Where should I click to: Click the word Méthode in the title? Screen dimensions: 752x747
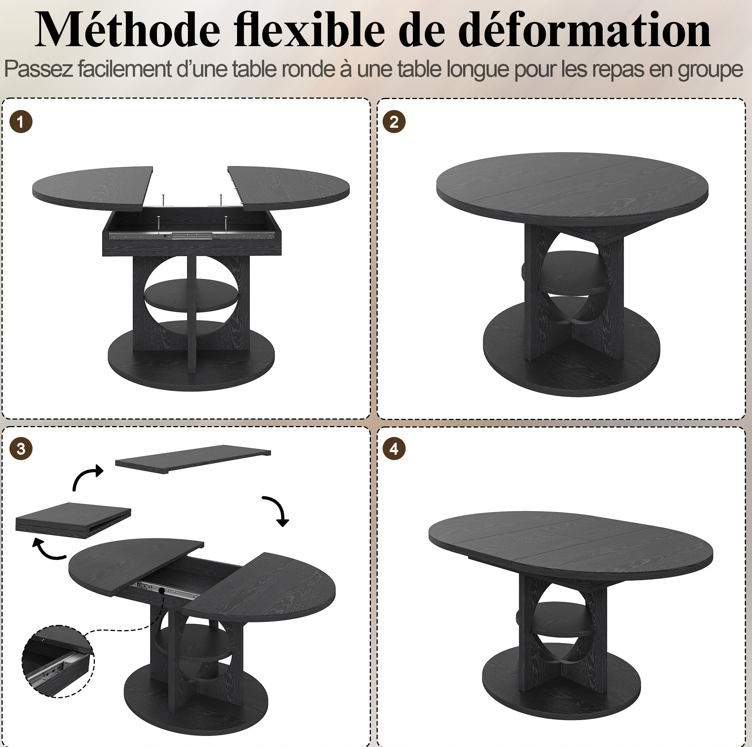[x=128, y=29]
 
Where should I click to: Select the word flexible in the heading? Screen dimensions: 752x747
[x=310, y=29]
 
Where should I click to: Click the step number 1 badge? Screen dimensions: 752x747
[x=21, y=122]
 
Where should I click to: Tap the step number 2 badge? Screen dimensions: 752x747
[x=394, y=122]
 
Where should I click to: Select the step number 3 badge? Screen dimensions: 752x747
[x=21, y=448]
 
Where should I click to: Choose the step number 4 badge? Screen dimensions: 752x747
[x=394, y=448]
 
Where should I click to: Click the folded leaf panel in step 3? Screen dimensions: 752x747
[x=73, y=520]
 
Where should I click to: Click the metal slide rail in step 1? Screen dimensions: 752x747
[x=192, y=235]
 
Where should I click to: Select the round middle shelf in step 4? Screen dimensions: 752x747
[x=562, y=618]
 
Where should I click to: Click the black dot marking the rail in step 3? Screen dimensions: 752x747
[x=162, y=590]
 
